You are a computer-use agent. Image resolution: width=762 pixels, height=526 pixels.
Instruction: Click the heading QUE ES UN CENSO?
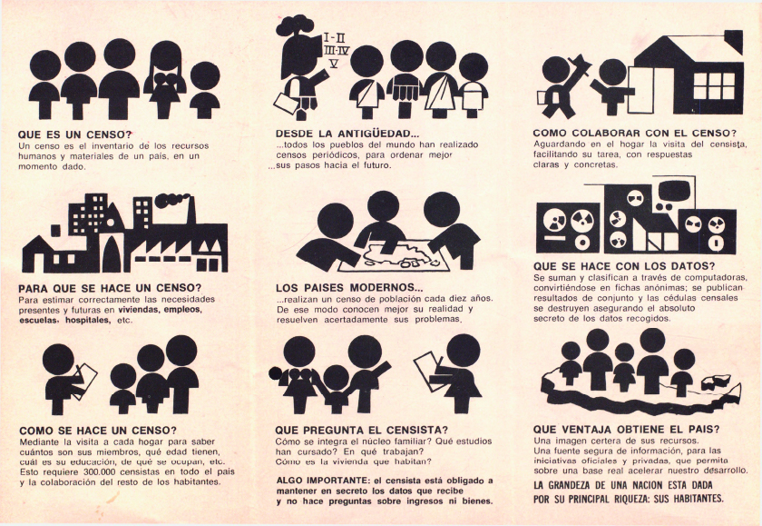(x=75, y=134)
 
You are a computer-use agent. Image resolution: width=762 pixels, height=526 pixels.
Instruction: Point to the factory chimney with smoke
(x=190, y=209)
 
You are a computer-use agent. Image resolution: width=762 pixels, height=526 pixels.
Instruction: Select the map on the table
(x=395, y=255)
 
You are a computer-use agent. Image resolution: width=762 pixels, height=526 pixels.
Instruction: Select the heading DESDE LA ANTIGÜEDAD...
(x=347, y=134)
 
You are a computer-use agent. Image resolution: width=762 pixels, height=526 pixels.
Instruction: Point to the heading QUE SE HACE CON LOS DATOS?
(x=624, y=266)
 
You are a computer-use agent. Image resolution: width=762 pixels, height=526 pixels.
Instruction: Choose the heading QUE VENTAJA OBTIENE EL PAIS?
(x=627, y=429)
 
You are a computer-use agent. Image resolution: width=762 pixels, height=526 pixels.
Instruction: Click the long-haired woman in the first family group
(x=165, y=79)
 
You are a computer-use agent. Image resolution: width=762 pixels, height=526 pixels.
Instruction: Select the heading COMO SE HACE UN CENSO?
(x=98, y=431)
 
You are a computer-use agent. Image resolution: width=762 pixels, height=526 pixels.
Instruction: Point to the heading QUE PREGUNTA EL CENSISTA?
(x=362, y=430)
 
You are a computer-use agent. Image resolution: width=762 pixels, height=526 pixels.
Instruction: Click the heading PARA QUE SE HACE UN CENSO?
(x=110, y=288)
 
